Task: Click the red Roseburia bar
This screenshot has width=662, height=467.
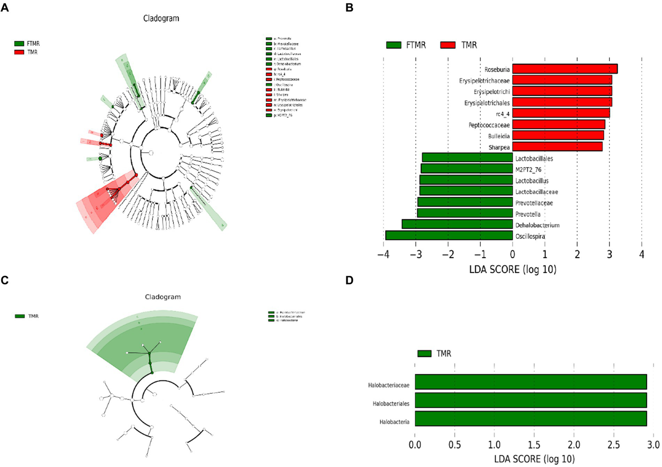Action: (x=565, y=69)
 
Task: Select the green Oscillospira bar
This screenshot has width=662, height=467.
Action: (x=449, y=236)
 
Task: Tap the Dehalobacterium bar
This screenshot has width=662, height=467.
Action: (x=457, y=224)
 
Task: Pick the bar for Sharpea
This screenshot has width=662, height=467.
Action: (x=557, y=147)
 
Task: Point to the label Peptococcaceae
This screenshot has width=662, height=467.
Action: (x=489, y=125)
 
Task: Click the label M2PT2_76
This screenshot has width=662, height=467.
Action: (x=528, y=170)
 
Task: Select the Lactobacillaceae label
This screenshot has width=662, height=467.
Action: (x=537, y=192)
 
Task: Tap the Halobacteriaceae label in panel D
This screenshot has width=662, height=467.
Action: (x=389, y=385)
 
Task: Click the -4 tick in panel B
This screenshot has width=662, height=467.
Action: (x=383, y=255)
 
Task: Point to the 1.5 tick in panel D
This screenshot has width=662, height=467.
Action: (x=534, y=445)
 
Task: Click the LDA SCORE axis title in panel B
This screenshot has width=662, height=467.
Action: (x=512, y=270)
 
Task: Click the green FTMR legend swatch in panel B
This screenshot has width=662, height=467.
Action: (x=393, y=45)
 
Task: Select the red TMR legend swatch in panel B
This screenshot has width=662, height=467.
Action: (x=448, y=45)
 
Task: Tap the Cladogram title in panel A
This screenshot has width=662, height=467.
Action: (x=161, y=19)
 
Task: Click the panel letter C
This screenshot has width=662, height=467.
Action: (x=5, y=281)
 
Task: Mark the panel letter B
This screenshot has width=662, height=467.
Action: (x=349, y=7)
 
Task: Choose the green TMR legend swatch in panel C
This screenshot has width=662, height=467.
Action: (x=20, y=316)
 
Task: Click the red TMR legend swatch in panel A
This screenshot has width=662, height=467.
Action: (x=19, y=52)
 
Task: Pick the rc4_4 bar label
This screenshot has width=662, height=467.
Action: (x=502, y=114)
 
